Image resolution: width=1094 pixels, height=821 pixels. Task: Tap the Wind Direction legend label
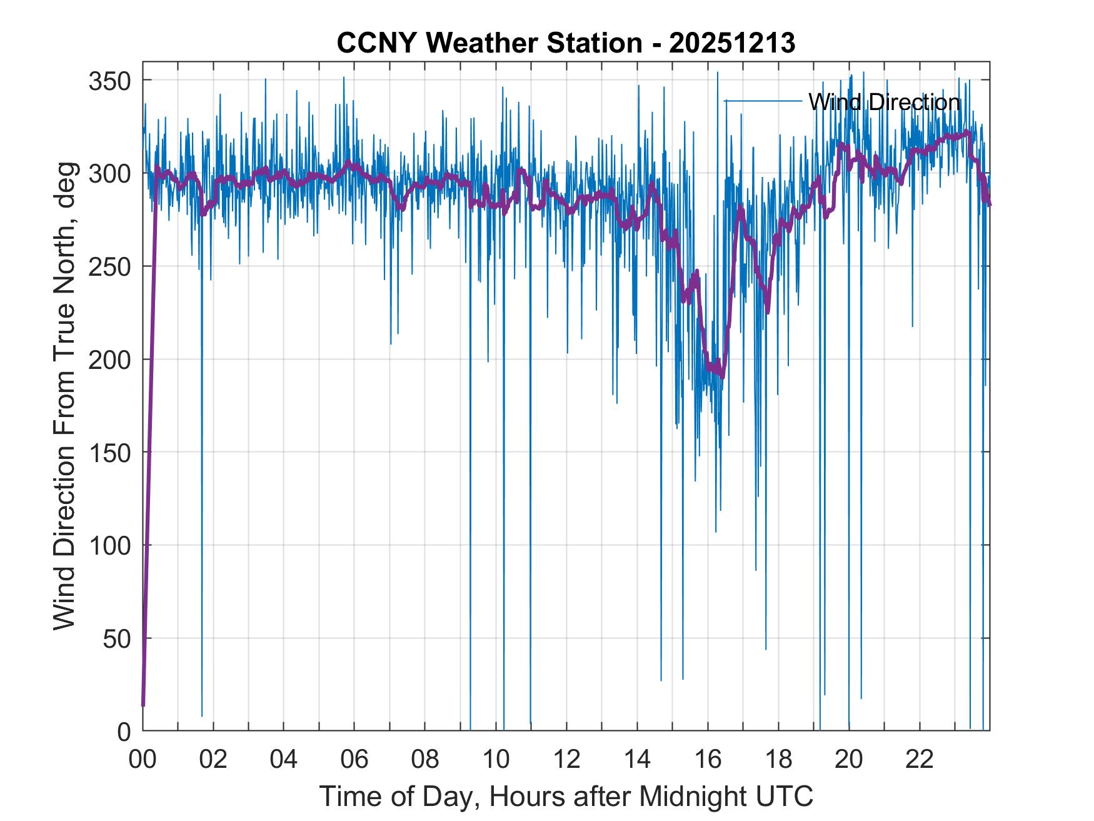(884, 102)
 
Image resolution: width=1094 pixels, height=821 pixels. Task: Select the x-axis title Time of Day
(566, 796)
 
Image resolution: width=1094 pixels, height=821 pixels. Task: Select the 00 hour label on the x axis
(143, 759)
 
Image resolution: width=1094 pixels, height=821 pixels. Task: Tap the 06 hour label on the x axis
(354, 759)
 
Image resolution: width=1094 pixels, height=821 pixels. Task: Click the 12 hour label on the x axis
(566, 759)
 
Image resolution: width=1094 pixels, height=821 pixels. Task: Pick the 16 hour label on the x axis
(708, 759)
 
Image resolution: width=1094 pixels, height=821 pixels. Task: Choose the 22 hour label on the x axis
(920, 759)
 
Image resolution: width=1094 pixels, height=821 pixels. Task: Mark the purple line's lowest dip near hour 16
(723, 376)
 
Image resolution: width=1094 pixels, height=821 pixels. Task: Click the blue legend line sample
(763, 101)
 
